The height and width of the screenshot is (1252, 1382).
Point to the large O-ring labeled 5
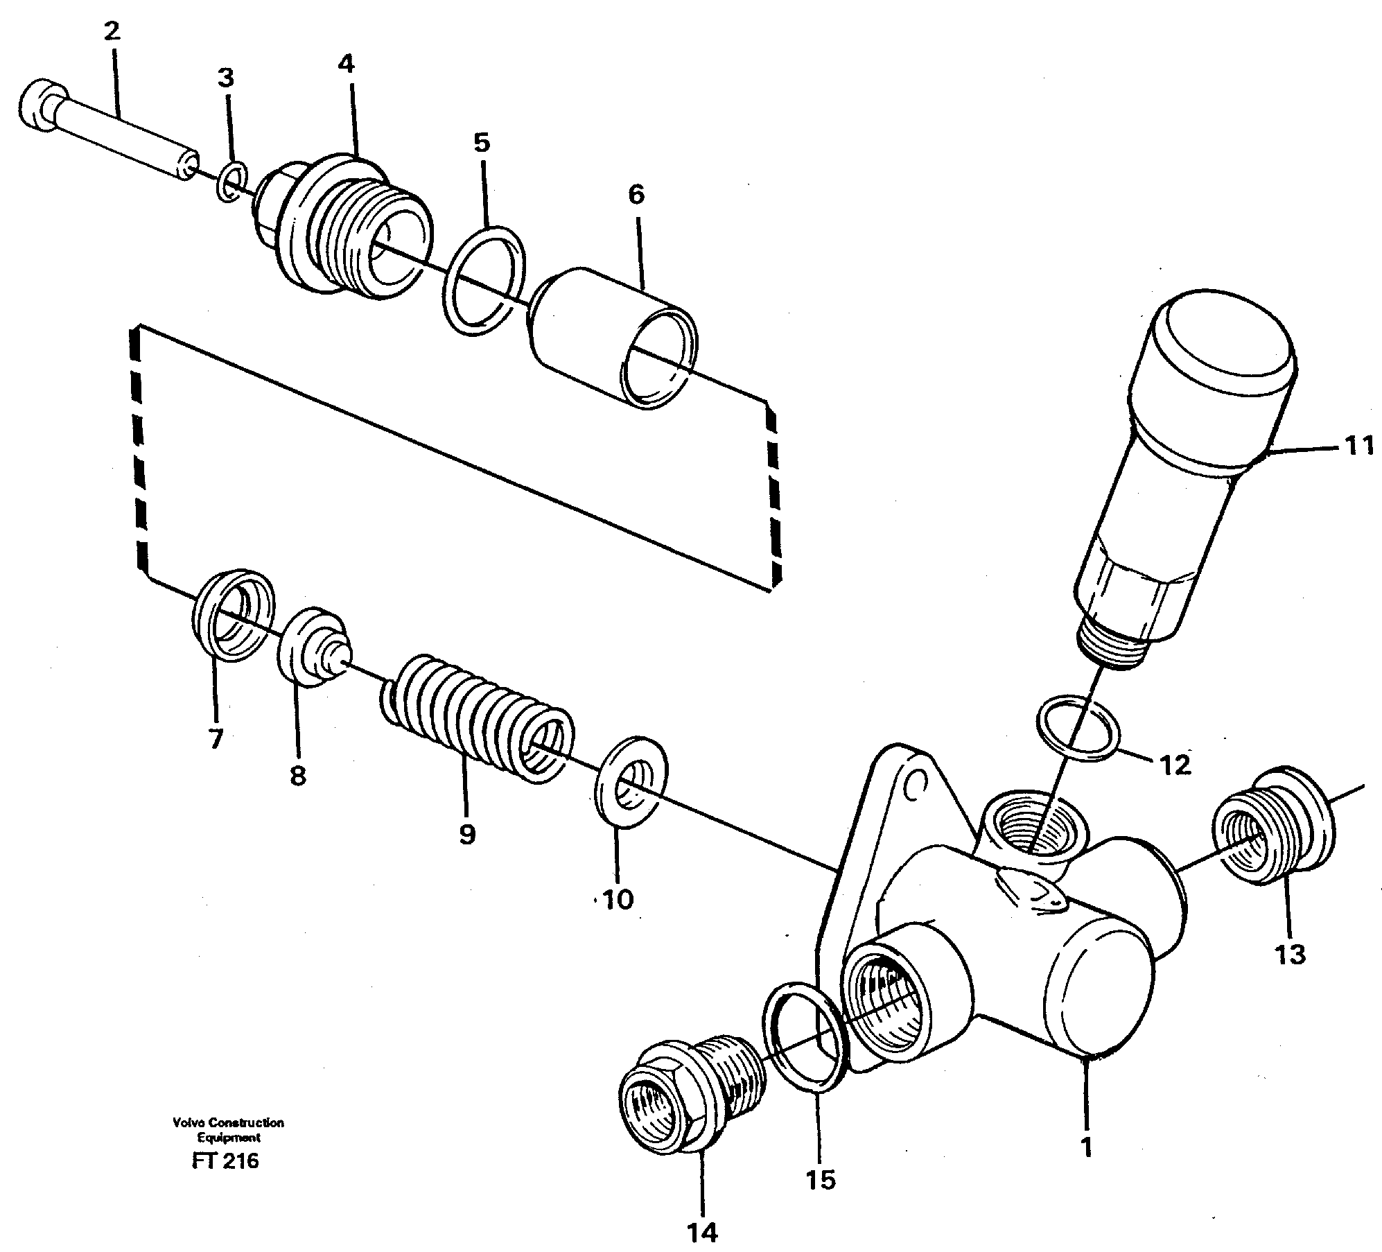pos(483,279)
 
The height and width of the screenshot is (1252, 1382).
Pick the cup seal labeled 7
pos(233,615)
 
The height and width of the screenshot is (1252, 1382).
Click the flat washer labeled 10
pos(630,782)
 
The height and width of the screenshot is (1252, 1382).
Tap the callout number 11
pos(1358,445)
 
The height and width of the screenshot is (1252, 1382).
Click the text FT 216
pos(225,1160)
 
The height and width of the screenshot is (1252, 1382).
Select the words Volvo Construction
pos(229,1122)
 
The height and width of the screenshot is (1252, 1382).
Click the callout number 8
pos(297,776)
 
